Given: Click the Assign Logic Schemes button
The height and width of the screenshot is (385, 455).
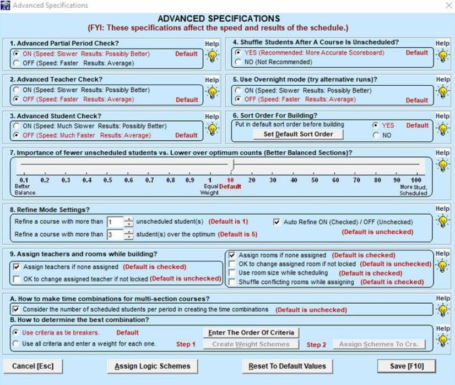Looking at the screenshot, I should [152, 366].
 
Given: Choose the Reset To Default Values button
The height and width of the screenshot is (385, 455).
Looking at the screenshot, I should [287, 366].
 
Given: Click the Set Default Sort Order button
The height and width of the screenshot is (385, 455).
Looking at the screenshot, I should [298, 134].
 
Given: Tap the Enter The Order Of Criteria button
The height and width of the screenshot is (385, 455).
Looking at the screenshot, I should [252, 332].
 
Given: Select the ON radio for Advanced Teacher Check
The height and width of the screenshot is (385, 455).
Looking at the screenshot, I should [17, 90].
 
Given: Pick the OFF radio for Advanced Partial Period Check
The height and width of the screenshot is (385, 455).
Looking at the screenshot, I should [17, 63].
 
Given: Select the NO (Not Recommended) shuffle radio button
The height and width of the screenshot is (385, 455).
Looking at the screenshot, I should [238, 62].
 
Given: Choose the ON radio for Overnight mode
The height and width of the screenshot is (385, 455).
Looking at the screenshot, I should [238, 91].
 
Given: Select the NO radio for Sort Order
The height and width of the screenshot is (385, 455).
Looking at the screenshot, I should [376, 135].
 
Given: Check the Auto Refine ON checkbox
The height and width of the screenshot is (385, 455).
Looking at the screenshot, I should [277, 222].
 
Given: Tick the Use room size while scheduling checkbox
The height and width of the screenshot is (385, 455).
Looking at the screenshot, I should [232, 273].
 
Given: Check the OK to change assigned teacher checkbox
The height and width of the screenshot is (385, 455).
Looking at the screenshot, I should [17, 279].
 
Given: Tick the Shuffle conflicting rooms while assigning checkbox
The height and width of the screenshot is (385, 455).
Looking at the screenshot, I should [232, 282].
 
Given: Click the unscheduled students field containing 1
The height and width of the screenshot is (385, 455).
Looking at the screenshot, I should [115, 222].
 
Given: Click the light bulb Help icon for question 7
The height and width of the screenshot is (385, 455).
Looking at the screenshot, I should [442, 164].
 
